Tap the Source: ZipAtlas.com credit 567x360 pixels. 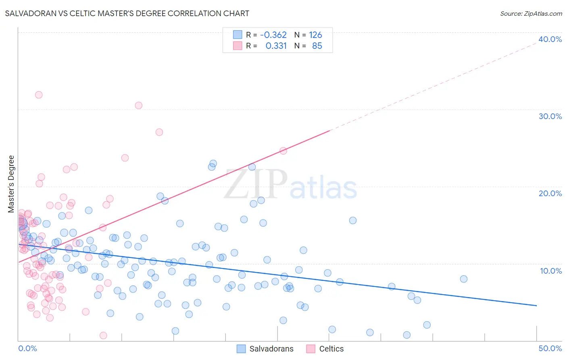(x=531, y=13)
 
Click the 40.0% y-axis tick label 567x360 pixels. (x=550, y=39)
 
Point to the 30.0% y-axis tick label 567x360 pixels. (x=550, y=116)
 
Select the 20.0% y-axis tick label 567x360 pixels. (x=550, y=193)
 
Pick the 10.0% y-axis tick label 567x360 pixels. (x=551, y=271)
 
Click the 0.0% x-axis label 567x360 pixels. (x=27, y=348)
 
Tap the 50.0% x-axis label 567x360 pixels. (x=550, y=348)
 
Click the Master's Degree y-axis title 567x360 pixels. (x=11, y=184)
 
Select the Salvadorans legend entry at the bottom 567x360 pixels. (x=265, y=349)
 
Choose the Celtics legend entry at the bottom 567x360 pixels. (x=325, y=349)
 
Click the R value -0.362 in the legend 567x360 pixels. (x=273, y=35)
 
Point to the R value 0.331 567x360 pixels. (x=276, y=46)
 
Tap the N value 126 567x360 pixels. (x=315, y=35)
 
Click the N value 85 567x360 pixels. (x=317, y=46)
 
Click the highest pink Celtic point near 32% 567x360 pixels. (x=39, y=95)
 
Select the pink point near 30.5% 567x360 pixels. (x=139, y=105)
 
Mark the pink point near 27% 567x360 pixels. (x=159, y=132)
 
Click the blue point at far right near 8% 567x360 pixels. (x=464, y=279)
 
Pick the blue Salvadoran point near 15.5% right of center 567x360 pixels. (x=353, y=220)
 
